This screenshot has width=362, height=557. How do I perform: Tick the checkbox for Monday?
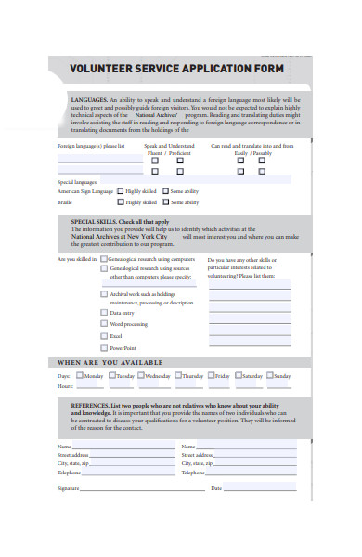(81, 376)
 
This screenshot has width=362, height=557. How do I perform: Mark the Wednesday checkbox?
(140, 376)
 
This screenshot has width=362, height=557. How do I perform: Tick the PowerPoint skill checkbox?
(103, 347)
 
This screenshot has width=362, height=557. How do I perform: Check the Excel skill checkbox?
(103, 335)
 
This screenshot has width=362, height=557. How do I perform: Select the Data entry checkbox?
(103, 313)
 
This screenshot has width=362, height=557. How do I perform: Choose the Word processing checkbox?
(103, 324)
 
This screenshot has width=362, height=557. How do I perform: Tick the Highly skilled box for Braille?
(121, 201)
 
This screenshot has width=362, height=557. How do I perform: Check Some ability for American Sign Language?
(164, 190)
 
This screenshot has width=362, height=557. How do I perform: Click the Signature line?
(139, 488)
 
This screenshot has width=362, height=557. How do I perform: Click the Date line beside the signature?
(260, 488)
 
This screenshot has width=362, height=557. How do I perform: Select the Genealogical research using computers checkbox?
(103, 259)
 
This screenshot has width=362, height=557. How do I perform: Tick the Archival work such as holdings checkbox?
(103, 293)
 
